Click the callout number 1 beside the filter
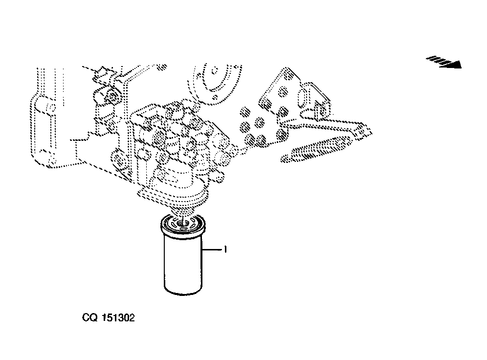pyautogui.click(x=225, y=249)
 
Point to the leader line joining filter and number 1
pyautogui.click(x=213, y=249)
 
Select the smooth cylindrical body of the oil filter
pyautogui.click(x=183, y=264)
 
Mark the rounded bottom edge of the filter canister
pyautogui.click(x=183, y=292)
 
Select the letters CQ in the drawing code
pyautogui.click(x=90, y=317)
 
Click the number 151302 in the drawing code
pyautogui.click(x=119, y=317)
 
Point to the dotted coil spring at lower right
pyautogui.click(x=316, y=150)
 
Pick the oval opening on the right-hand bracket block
pyautogui.click(x=303, y=97)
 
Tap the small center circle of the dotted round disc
pyautogui.click(x=215, y=71)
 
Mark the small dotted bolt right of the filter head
pyautogui.click(x=219, y=178)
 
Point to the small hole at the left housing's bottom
pyautogui.click(x=51, y=160)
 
